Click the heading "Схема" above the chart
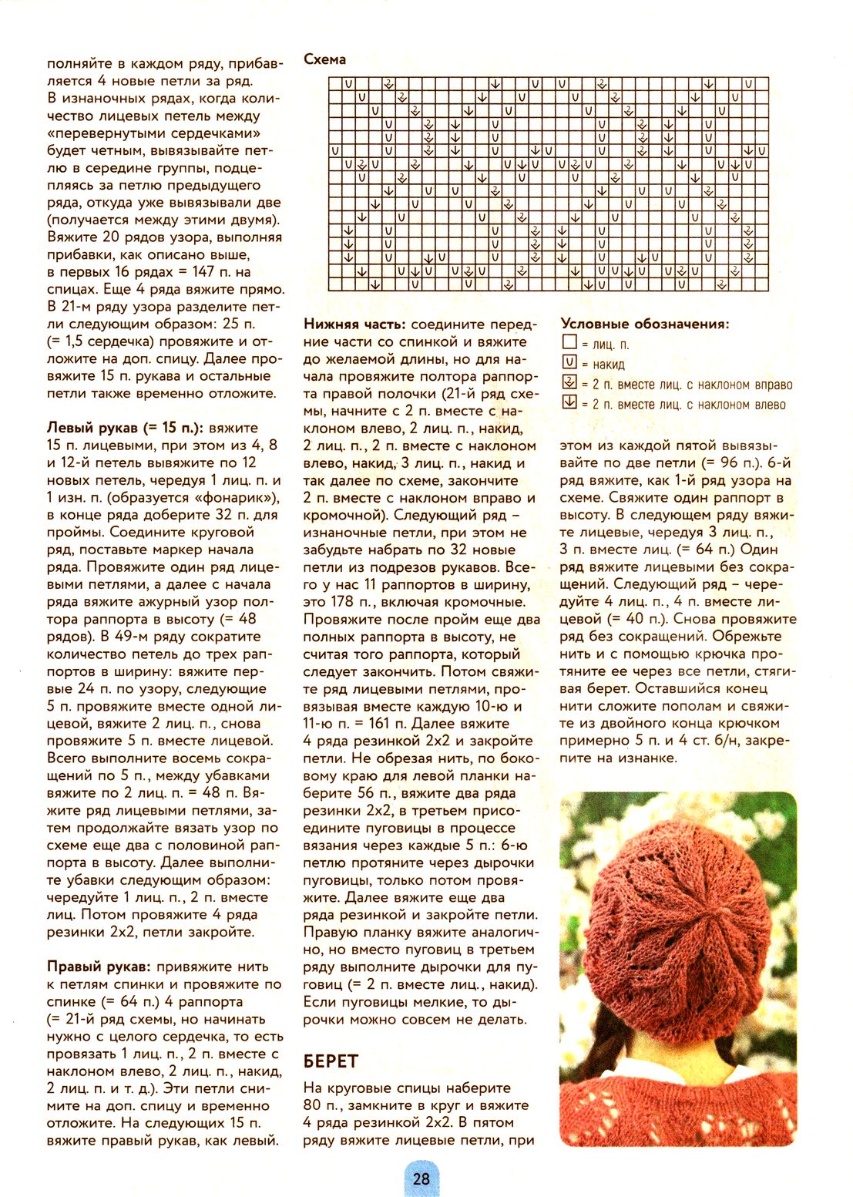(x=324, y=59)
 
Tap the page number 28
(x=421, y=1179)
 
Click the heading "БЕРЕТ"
(x=331, y=1061)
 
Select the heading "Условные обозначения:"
(x=644, y=324)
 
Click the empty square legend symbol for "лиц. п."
(x=569, y=342)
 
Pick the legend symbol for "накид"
(x=569, y=362)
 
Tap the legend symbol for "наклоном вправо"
(x=569, y=382)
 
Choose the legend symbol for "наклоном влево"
(x=569, y=402)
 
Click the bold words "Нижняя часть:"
(x=354, y=324)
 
